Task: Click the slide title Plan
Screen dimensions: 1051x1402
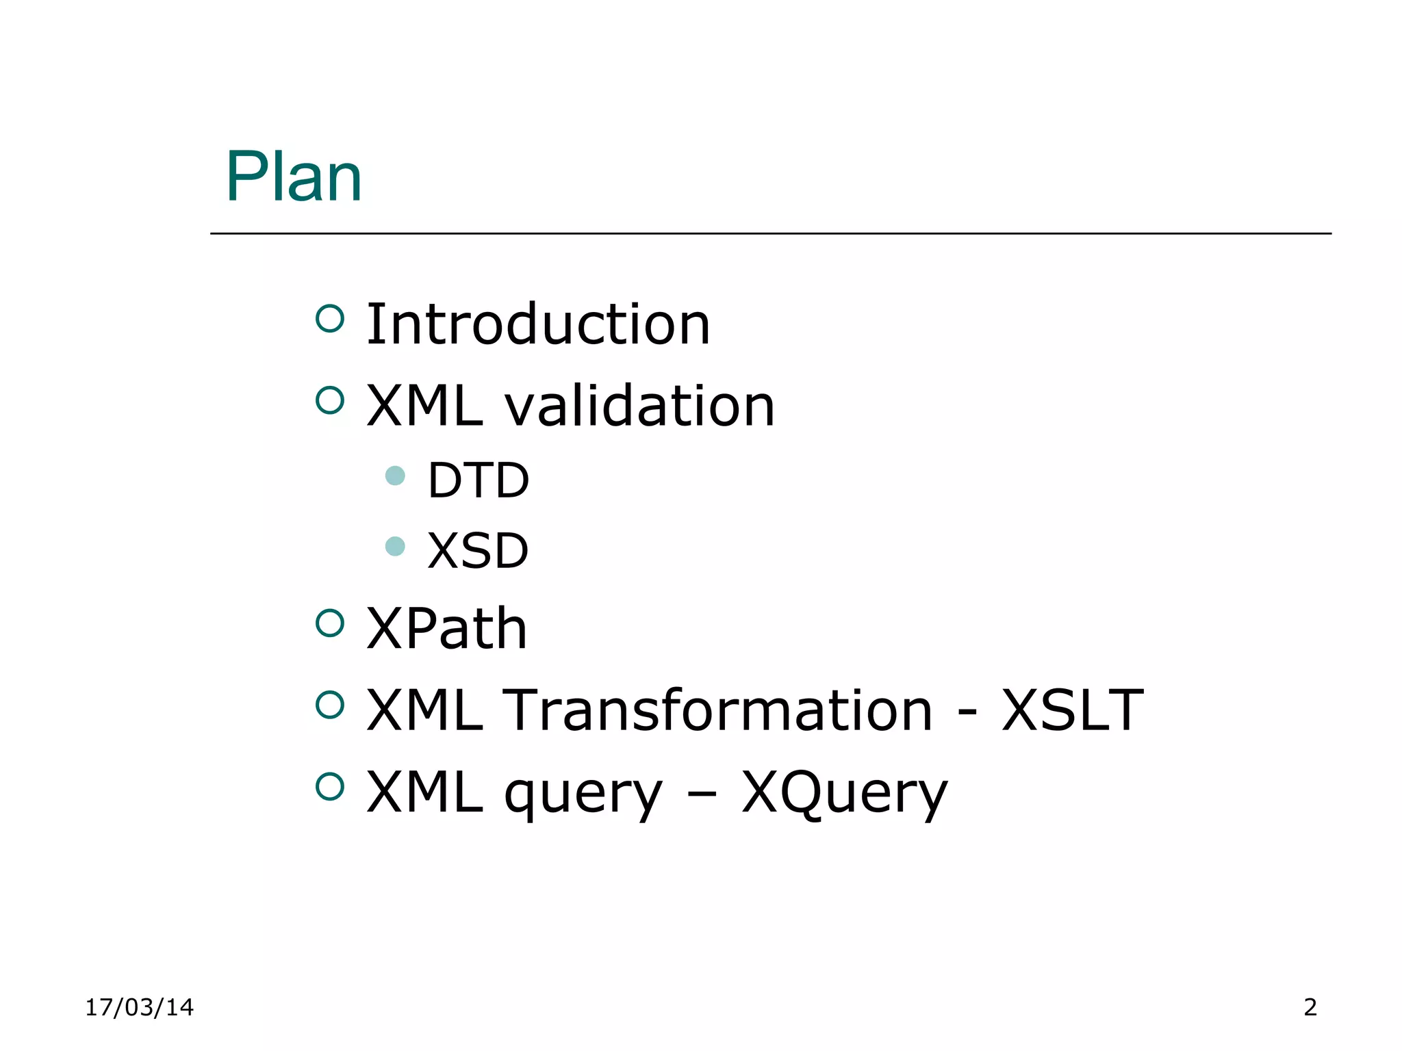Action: [294, 177]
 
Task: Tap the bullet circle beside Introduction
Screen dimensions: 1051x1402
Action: [330, 319]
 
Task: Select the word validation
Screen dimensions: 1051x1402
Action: [639, 406]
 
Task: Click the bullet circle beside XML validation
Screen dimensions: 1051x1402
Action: [330, 400]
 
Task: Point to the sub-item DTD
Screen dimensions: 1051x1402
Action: [478, 480]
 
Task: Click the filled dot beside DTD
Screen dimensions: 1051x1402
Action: [395, 476]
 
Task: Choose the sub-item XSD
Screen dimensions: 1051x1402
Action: [478, 551]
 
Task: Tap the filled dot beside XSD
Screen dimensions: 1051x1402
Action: [395, 546]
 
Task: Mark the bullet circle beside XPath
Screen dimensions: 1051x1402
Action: [330, 623]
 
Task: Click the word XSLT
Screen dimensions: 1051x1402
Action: [1072, 710]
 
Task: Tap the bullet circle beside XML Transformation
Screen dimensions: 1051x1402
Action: [330, 705]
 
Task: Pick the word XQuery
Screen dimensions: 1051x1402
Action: [845, 794]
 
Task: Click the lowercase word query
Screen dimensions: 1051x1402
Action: [583, 794]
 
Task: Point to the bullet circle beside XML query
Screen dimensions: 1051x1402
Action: [330, 787]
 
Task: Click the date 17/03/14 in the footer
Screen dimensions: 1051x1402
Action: [139, 1007]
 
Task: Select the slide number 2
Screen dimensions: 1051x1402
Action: [1310, 1007]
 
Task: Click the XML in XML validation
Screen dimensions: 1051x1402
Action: [424, 406]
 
